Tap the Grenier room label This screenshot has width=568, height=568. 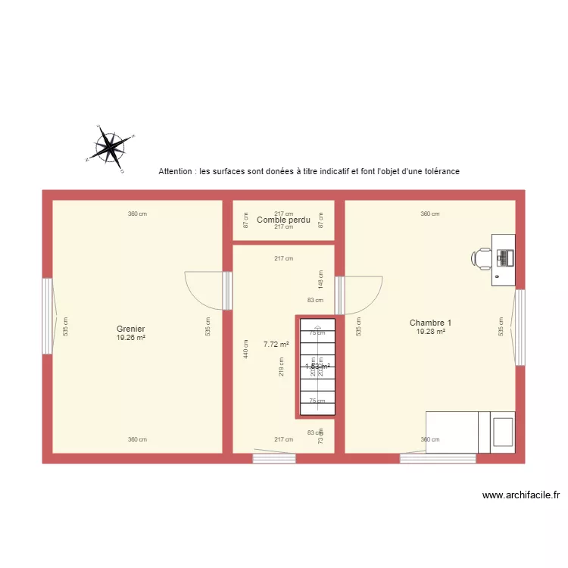click(x=130, y=329)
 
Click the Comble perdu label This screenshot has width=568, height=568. click(x=284, y=220)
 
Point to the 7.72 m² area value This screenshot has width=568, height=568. click(x=276, y=344)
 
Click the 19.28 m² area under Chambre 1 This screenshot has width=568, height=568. click(x=430, y=331)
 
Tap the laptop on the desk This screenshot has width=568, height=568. click(x=504, y=257)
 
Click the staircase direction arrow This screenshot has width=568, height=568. click(x=318, y=367)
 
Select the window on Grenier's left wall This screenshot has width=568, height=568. click(x=47, y=316)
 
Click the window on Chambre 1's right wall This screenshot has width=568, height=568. click(x=520, y=327)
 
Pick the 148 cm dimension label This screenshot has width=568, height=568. click(x=321, y=279)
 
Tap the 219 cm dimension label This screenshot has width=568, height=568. click(x=282, y=367)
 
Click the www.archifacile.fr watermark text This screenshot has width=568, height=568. click(x=521, y=495)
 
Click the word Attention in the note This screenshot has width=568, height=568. click(x=175, y=172)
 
